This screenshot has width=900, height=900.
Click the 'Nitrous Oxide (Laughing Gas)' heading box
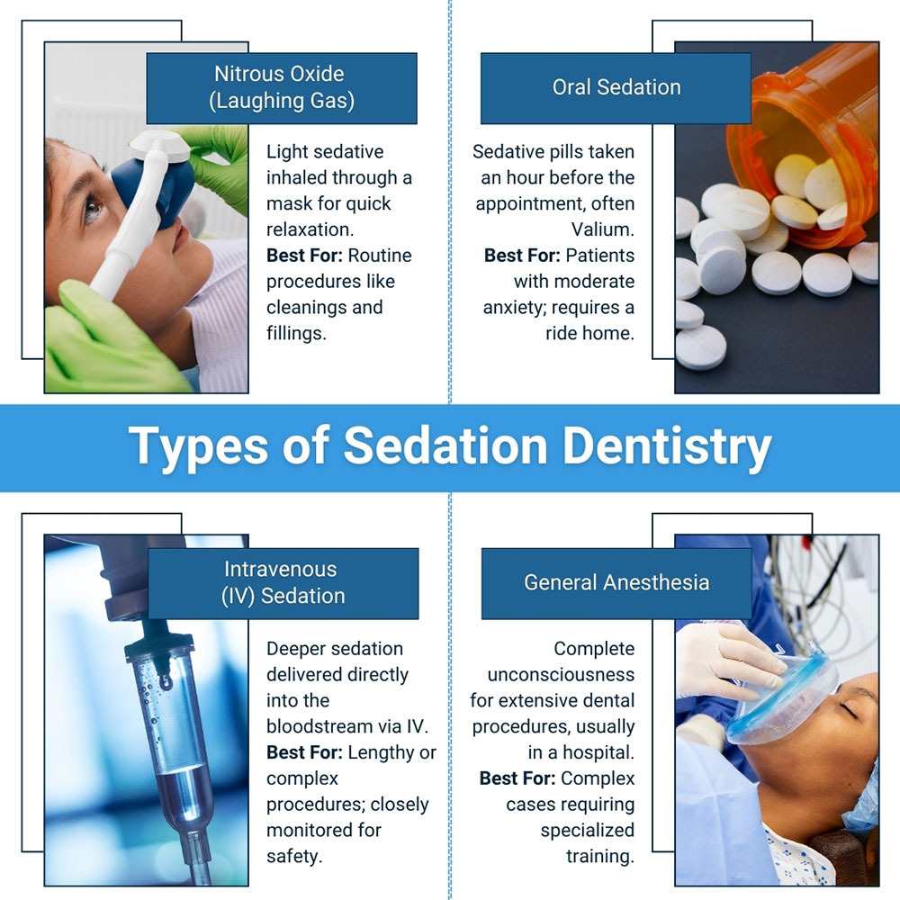click(282, 88)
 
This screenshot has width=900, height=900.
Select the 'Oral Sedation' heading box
click(616, 88)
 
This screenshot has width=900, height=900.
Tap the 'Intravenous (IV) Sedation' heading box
click(283, 583)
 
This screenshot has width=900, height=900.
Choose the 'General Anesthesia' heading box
click(616, 583)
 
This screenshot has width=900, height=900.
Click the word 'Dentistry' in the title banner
click(666, 446)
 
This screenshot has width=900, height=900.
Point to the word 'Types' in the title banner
click(199, 446)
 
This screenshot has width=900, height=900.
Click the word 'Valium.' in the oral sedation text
click(603, 229)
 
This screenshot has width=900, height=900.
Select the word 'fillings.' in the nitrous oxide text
click(296, 334)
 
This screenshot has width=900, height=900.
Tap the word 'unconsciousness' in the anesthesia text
click(561, 674)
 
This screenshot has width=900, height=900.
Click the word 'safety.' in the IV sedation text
click(294, 857)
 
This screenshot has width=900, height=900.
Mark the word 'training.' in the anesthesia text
click(600, 857)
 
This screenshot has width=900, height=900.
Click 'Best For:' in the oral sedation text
click(522, 256)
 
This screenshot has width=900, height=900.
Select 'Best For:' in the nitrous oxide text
click(304, 256)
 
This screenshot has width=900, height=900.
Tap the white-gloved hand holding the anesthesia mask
click(728, 660)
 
